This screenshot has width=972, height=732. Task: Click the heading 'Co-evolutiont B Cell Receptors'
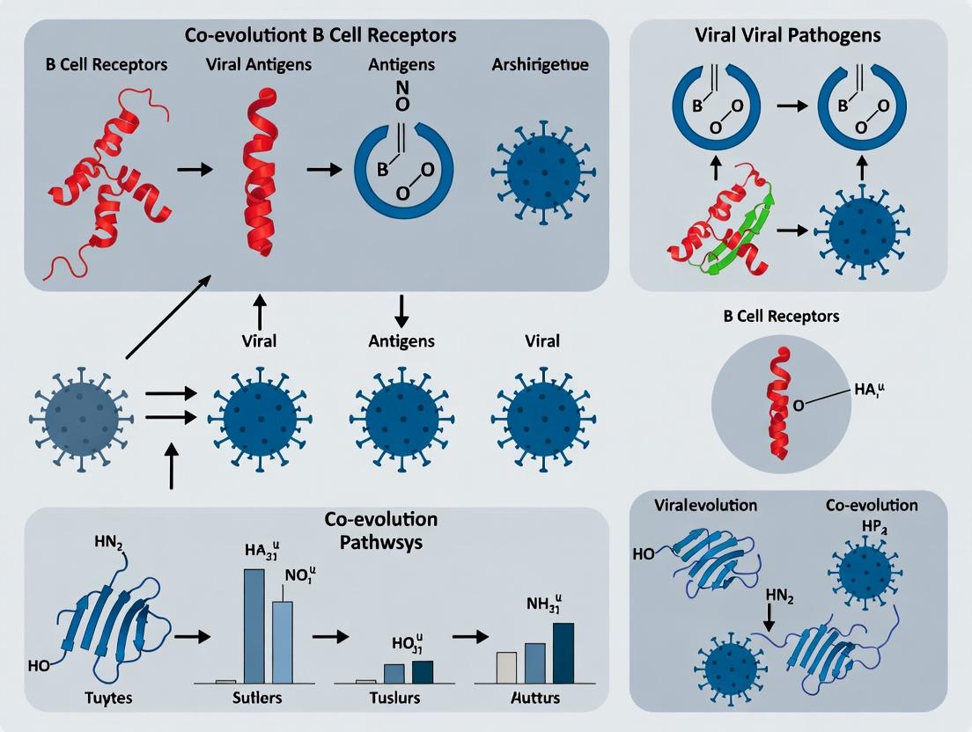point(320,36)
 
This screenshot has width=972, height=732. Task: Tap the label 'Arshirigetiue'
point(541,65)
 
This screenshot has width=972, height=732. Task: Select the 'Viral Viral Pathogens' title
point(788,36)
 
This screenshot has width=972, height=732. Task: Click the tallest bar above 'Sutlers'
point(254,626)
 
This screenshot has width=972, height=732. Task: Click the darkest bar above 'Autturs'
point(563,653)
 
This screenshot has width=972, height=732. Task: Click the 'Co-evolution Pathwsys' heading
point(380,530)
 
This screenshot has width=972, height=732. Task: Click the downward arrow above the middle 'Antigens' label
point(401,309)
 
